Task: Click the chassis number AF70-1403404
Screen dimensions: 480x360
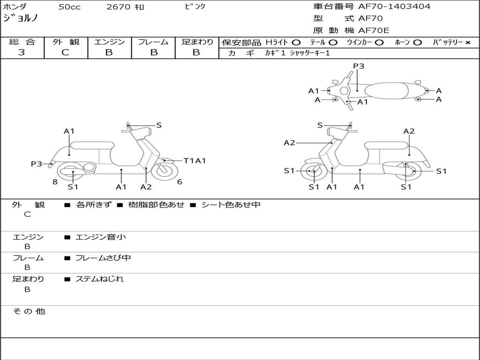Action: click(394, 7)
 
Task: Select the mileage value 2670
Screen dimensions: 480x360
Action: click(118, 7)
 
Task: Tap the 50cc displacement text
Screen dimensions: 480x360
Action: click(69, 7)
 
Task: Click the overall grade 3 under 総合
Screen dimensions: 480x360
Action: click(22, 52)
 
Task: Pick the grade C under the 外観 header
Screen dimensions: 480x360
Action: click(65, 52)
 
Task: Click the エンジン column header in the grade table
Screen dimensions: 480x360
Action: click(109, 42)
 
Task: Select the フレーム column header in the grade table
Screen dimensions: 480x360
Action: click(153, 42)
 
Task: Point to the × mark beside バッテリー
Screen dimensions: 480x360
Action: click(468, 43)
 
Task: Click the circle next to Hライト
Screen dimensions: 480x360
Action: click(296, 43)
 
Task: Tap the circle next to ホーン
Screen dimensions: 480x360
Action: click(417, 43)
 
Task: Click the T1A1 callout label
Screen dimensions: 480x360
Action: click(195, 161)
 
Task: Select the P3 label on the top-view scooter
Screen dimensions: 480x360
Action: click(359, 66)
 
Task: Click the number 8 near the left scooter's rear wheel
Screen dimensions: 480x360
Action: click(55, 182)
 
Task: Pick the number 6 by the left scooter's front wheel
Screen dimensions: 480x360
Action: click(180, 182)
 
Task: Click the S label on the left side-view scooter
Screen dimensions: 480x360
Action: click(158, 125)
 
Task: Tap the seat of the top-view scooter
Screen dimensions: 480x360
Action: click(386, 91)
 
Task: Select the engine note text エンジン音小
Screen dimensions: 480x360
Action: click(101, 237)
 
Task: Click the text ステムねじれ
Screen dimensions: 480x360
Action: click(99, 279)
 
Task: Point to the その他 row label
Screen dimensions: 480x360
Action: click(29, 311)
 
